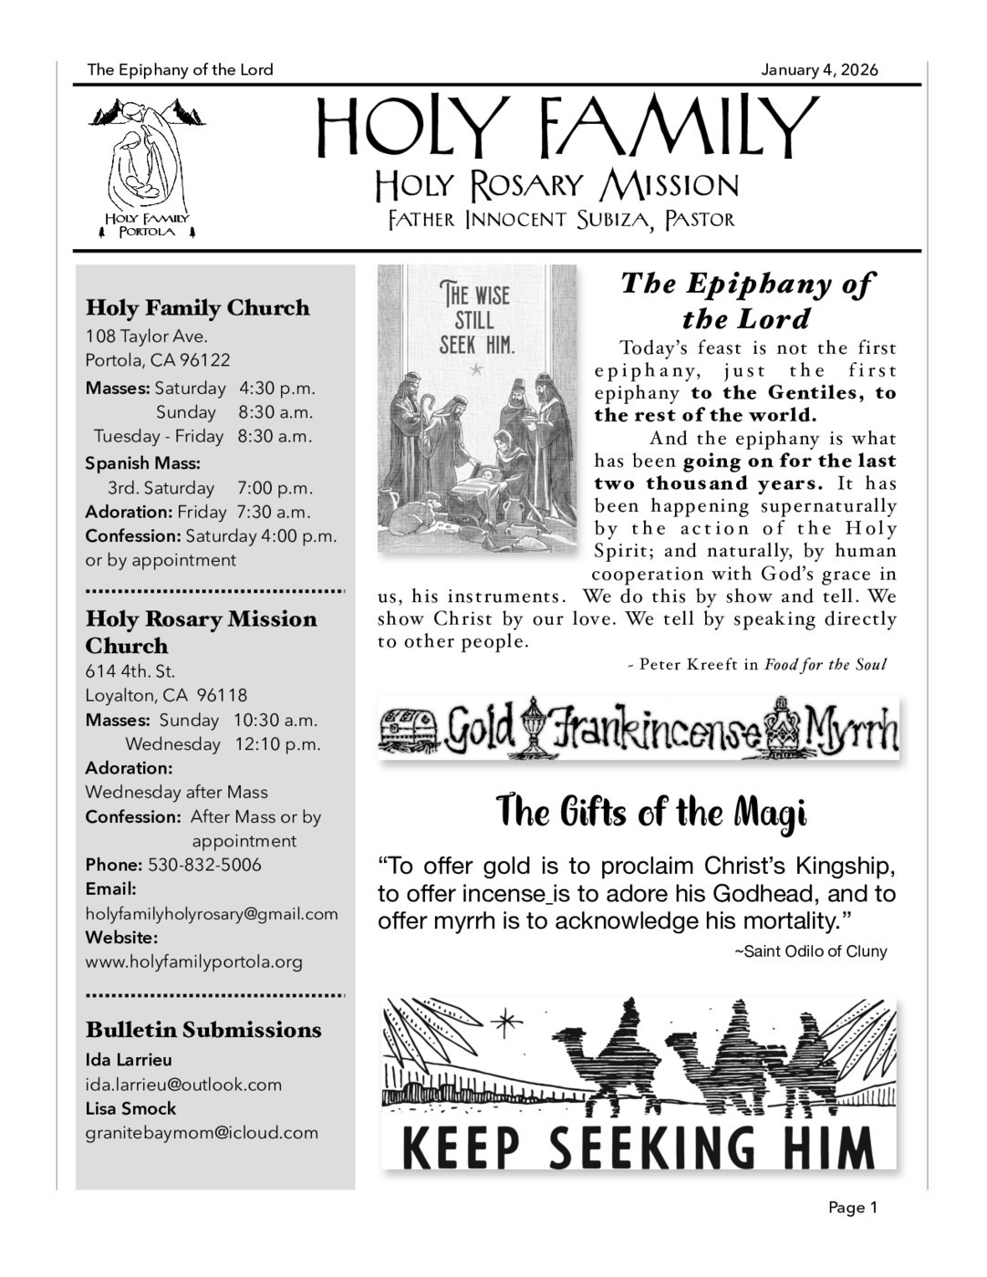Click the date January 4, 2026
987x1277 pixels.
819,70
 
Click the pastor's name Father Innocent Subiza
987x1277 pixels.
560,220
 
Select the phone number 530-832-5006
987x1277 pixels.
204,865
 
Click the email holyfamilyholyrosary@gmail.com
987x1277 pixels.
212,913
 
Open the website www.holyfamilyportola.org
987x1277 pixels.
193,961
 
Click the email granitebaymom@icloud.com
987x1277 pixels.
202,1133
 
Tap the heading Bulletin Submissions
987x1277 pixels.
203,1030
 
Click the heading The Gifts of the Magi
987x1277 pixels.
651,811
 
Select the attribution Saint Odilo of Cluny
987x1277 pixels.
810,951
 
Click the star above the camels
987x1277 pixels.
502,1023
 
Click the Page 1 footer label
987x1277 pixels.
852,1208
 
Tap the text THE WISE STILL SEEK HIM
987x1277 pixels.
476,320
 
